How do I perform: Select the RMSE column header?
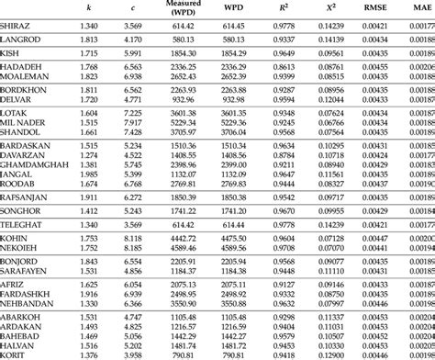click(373, 8)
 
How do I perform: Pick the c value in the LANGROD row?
click(133, 39)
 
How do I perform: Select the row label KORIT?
click(16, 354)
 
